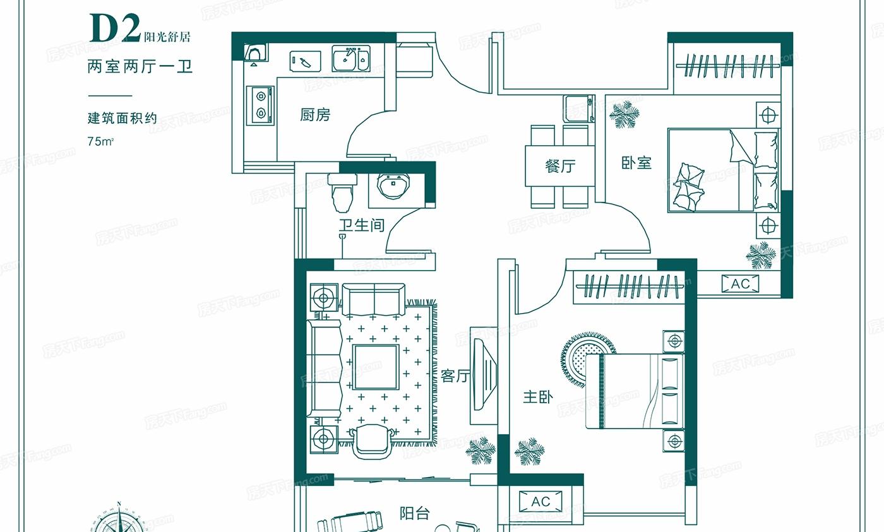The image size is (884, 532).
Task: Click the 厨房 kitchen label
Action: coord(315,115)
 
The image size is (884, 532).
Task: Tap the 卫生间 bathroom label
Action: coord(361,225)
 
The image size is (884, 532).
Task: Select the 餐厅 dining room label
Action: coord(561,166)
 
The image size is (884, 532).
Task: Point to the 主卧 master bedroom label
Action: coord(538,397)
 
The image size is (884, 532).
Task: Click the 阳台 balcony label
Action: coord(414,514)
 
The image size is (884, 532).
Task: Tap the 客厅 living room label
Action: coord(455,376)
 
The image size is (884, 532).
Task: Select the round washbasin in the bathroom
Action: coord(393,186)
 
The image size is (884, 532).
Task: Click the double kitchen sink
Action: coord(351,59)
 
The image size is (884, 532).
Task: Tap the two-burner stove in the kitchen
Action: coord(260,105)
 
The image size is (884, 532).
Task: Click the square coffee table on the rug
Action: coord(376,367)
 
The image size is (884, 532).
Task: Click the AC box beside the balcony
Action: coord(541,502)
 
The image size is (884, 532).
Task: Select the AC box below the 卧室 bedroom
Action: coord(740,283)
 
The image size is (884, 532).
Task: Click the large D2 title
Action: coord(115,28)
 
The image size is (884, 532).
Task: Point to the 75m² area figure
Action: coord(100,141)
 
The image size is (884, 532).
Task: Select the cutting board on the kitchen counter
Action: coord(304,61)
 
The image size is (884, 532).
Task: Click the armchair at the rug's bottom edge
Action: coord(371,442)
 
